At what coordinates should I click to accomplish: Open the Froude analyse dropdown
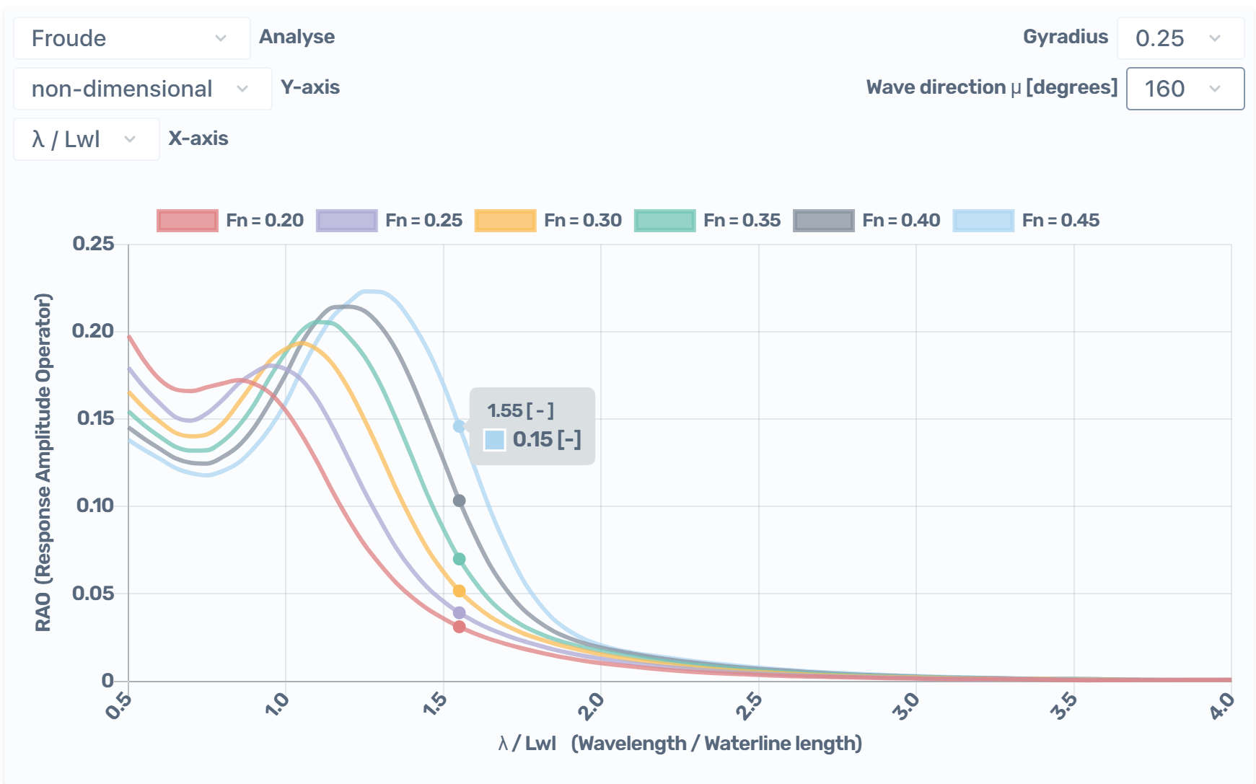click(131, 38)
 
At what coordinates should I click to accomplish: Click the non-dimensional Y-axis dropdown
click(142, 89)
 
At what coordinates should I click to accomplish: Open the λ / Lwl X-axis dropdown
click(86, 139)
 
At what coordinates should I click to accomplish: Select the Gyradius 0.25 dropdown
click(1180, 38)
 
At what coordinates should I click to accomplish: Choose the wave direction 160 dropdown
click(1185, 89)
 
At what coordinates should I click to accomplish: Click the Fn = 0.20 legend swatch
click(187, 221)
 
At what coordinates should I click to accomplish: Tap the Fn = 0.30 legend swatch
click(505, 221)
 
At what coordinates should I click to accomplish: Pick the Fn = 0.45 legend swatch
click(983, 221)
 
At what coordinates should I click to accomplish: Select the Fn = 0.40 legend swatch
click(823, 221)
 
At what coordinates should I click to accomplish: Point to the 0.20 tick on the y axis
click(93, 331)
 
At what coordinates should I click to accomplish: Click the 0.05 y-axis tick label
click(93, 594)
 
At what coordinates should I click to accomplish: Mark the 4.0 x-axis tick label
click(1222, 705)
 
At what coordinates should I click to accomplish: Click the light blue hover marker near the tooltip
click(459, 426)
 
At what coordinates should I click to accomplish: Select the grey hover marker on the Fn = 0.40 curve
click(459, 501)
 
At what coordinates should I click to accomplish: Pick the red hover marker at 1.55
click(459, 627)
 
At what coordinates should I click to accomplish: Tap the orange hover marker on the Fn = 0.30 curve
click(459, 591)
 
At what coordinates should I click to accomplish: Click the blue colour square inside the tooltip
click(494, 439)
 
